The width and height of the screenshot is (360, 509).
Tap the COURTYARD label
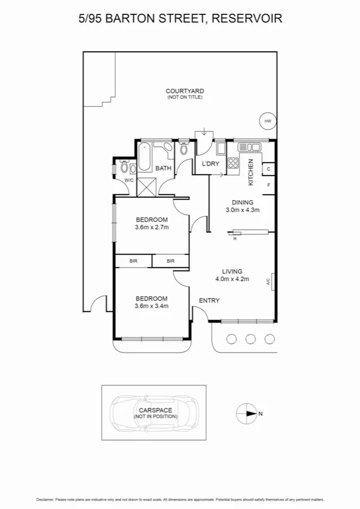point(185,91)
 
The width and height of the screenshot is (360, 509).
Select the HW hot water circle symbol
point(267,121)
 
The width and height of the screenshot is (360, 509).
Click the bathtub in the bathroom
point(146,158)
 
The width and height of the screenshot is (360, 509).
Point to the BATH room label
point(164,169)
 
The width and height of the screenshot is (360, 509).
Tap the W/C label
point(129,180)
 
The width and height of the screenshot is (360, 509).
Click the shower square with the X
point(146,186)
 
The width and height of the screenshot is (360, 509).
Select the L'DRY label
point(210,164)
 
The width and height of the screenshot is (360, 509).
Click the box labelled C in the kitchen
point(268,169)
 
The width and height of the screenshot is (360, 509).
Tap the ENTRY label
point(209,300)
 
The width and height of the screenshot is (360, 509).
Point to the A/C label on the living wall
point(270,280)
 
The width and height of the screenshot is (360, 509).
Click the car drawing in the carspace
point(154,412)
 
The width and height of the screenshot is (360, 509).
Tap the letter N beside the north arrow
point(260,413)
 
